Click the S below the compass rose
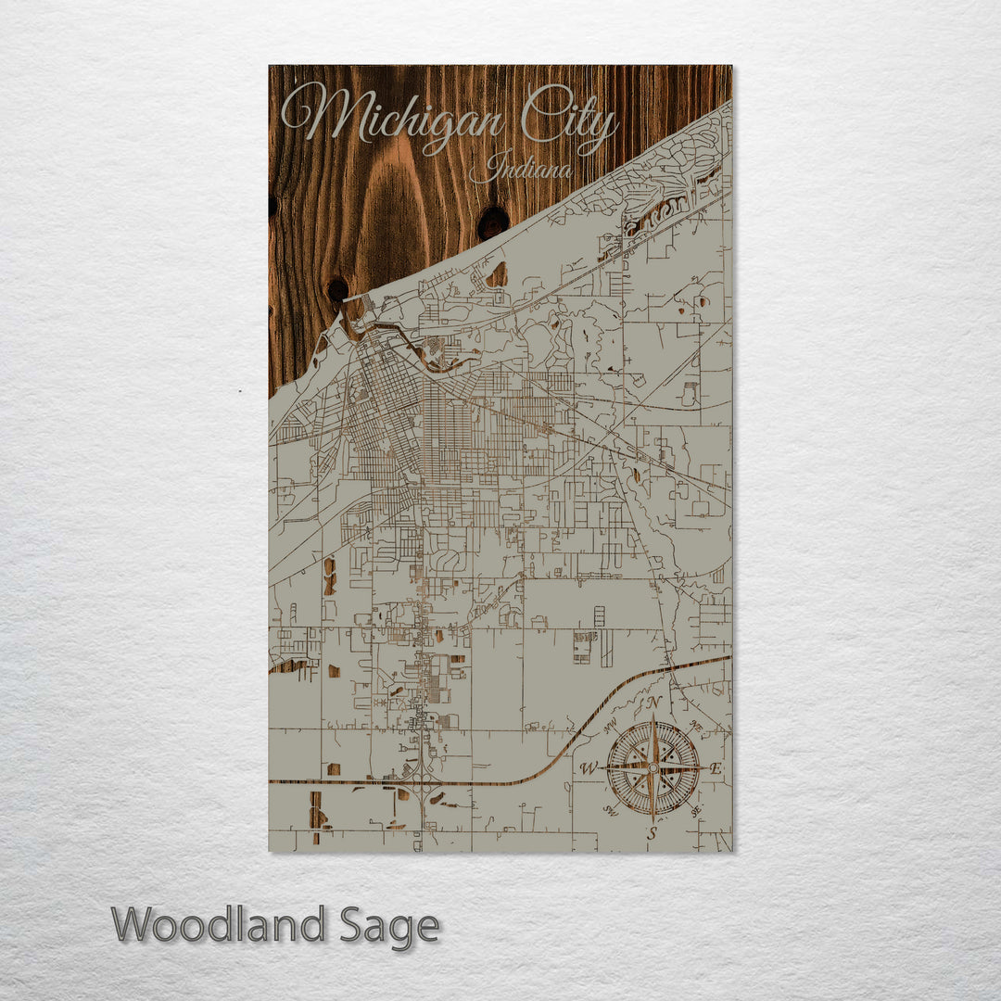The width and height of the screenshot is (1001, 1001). [652, 833]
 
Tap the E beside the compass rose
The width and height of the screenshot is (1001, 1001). [716, 768]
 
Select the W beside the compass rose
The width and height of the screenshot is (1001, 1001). [588, 768]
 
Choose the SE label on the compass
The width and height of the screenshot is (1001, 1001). [695, 810]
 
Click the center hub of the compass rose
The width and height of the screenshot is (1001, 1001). [653, 767]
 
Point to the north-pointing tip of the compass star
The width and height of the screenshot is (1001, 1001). [653, 717]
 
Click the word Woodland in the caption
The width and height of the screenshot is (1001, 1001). [219, 925]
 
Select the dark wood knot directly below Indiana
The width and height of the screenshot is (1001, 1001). [492, 222]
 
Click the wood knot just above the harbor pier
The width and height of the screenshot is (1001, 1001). [337, 289]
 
